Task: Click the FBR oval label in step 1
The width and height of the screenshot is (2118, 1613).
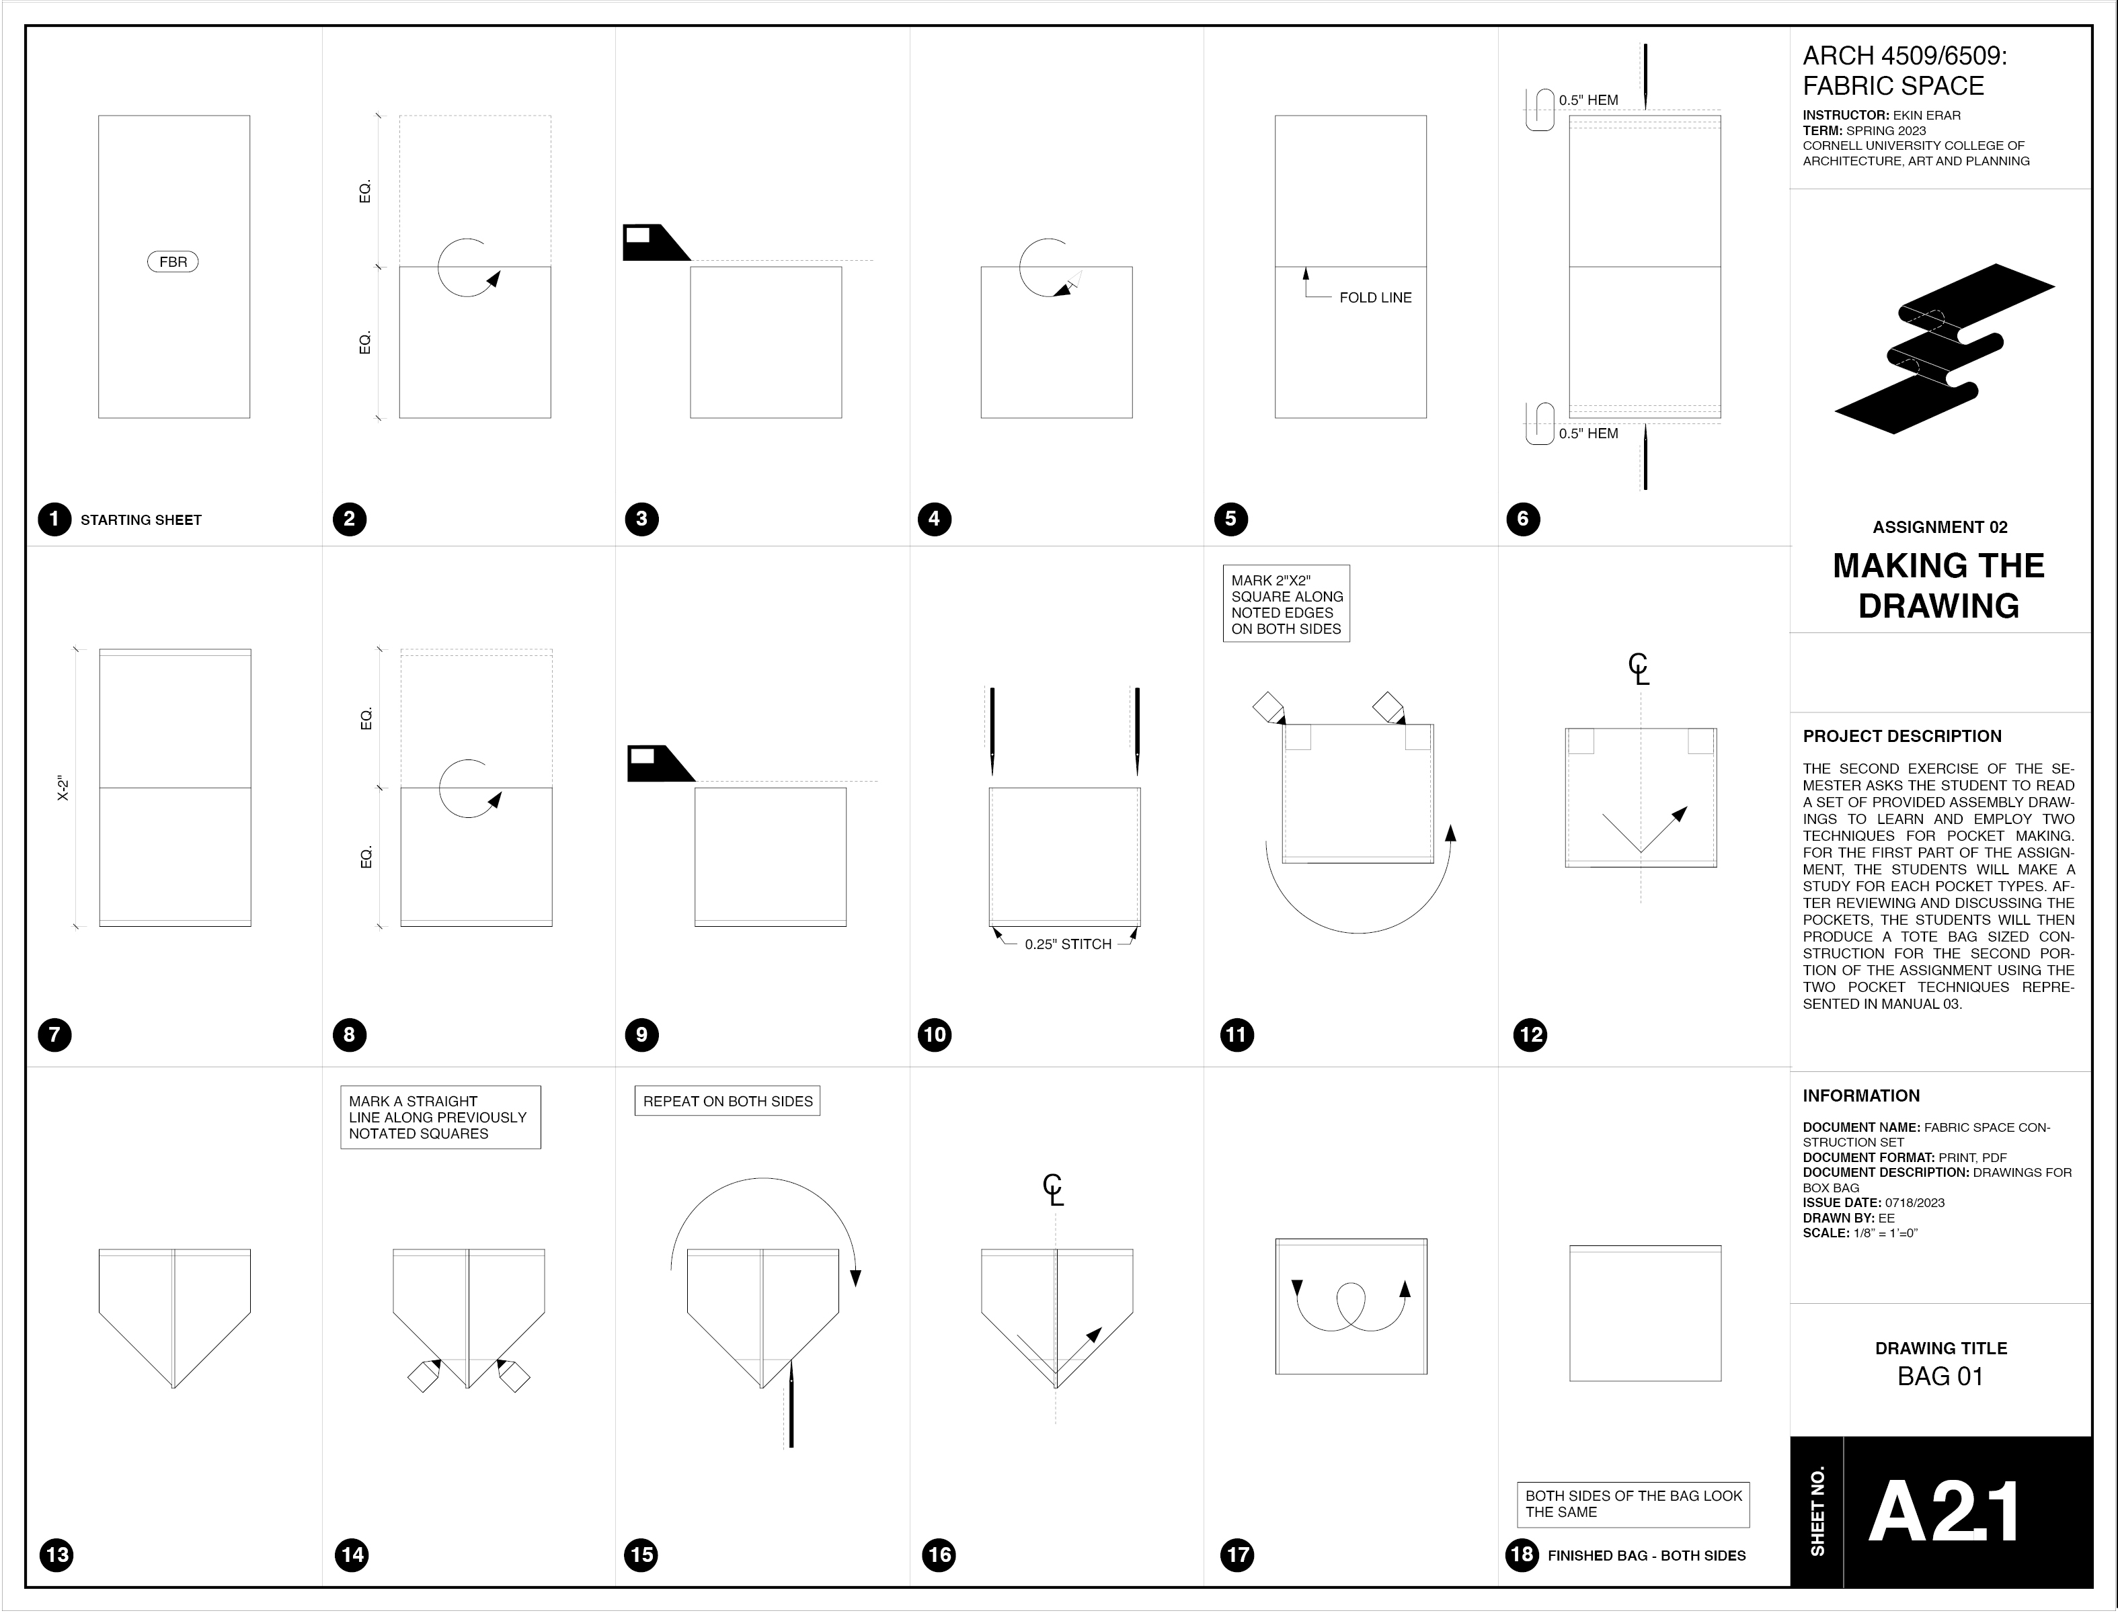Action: coord(173,262)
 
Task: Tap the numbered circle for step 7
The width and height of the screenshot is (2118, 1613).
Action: coord(54,1035)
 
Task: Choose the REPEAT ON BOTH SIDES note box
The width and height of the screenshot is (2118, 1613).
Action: coord(727,1102)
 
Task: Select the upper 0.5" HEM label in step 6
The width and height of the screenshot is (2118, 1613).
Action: coord(1587,100)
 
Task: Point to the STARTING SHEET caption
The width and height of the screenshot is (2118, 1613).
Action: coord(141,520)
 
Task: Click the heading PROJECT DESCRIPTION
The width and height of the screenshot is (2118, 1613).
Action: coord(1902,737)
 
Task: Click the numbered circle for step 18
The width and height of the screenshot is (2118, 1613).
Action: coord(1522,1555)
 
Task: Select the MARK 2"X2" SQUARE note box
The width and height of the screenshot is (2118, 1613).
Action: coord(1286,604)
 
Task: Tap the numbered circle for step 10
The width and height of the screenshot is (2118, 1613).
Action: coord(935,1035)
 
